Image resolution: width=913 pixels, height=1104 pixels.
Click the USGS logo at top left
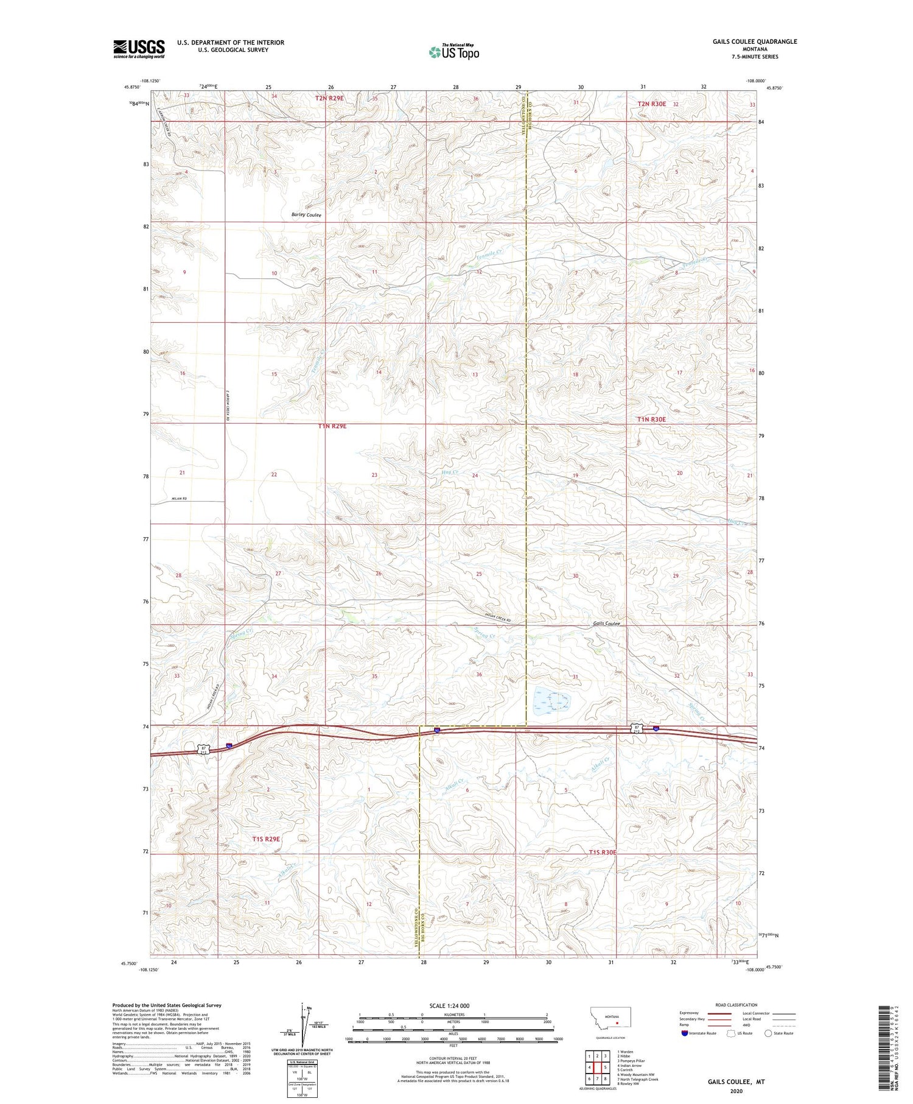139,49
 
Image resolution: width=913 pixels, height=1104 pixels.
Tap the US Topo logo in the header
454,52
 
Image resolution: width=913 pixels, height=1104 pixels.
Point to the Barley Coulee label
306,215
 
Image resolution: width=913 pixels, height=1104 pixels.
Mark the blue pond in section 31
551,701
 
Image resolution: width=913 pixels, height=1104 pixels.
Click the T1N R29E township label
332,426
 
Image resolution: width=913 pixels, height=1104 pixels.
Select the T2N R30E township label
651,104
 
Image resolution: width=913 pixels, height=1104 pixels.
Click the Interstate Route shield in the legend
685,1033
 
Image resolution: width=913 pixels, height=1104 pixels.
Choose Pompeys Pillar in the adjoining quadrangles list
632,1061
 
